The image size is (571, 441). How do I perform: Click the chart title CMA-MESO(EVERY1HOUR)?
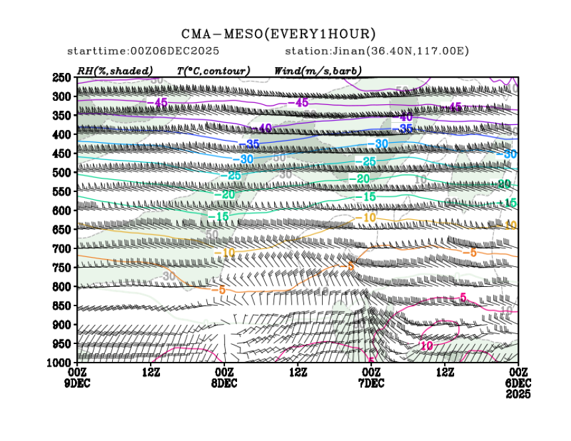(x=278, y=34)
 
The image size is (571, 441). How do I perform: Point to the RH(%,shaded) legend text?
(x=115, y=70)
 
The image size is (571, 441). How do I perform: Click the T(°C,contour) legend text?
(x=212, y=70)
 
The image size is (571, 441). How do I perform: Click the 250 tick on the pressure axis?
(x=60, y=78)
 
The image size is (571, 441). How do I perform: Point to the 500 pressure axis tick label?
(x=60, y=173)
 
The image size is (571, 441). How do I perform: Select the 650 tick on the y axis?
(x=60, y=230)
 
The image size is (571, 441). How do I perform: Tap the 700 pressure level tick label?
(x=60, y=249)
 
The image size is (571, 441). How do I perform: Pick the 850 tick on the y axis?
(x=60, y=306)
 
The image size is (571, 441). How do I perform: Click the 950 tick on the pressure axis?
(x=60, y=344)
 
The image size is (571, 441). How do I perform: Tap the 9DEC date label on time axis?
(x=78, y=383)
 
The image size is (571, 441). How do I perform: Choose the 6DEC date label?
(x=517, y=383)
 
